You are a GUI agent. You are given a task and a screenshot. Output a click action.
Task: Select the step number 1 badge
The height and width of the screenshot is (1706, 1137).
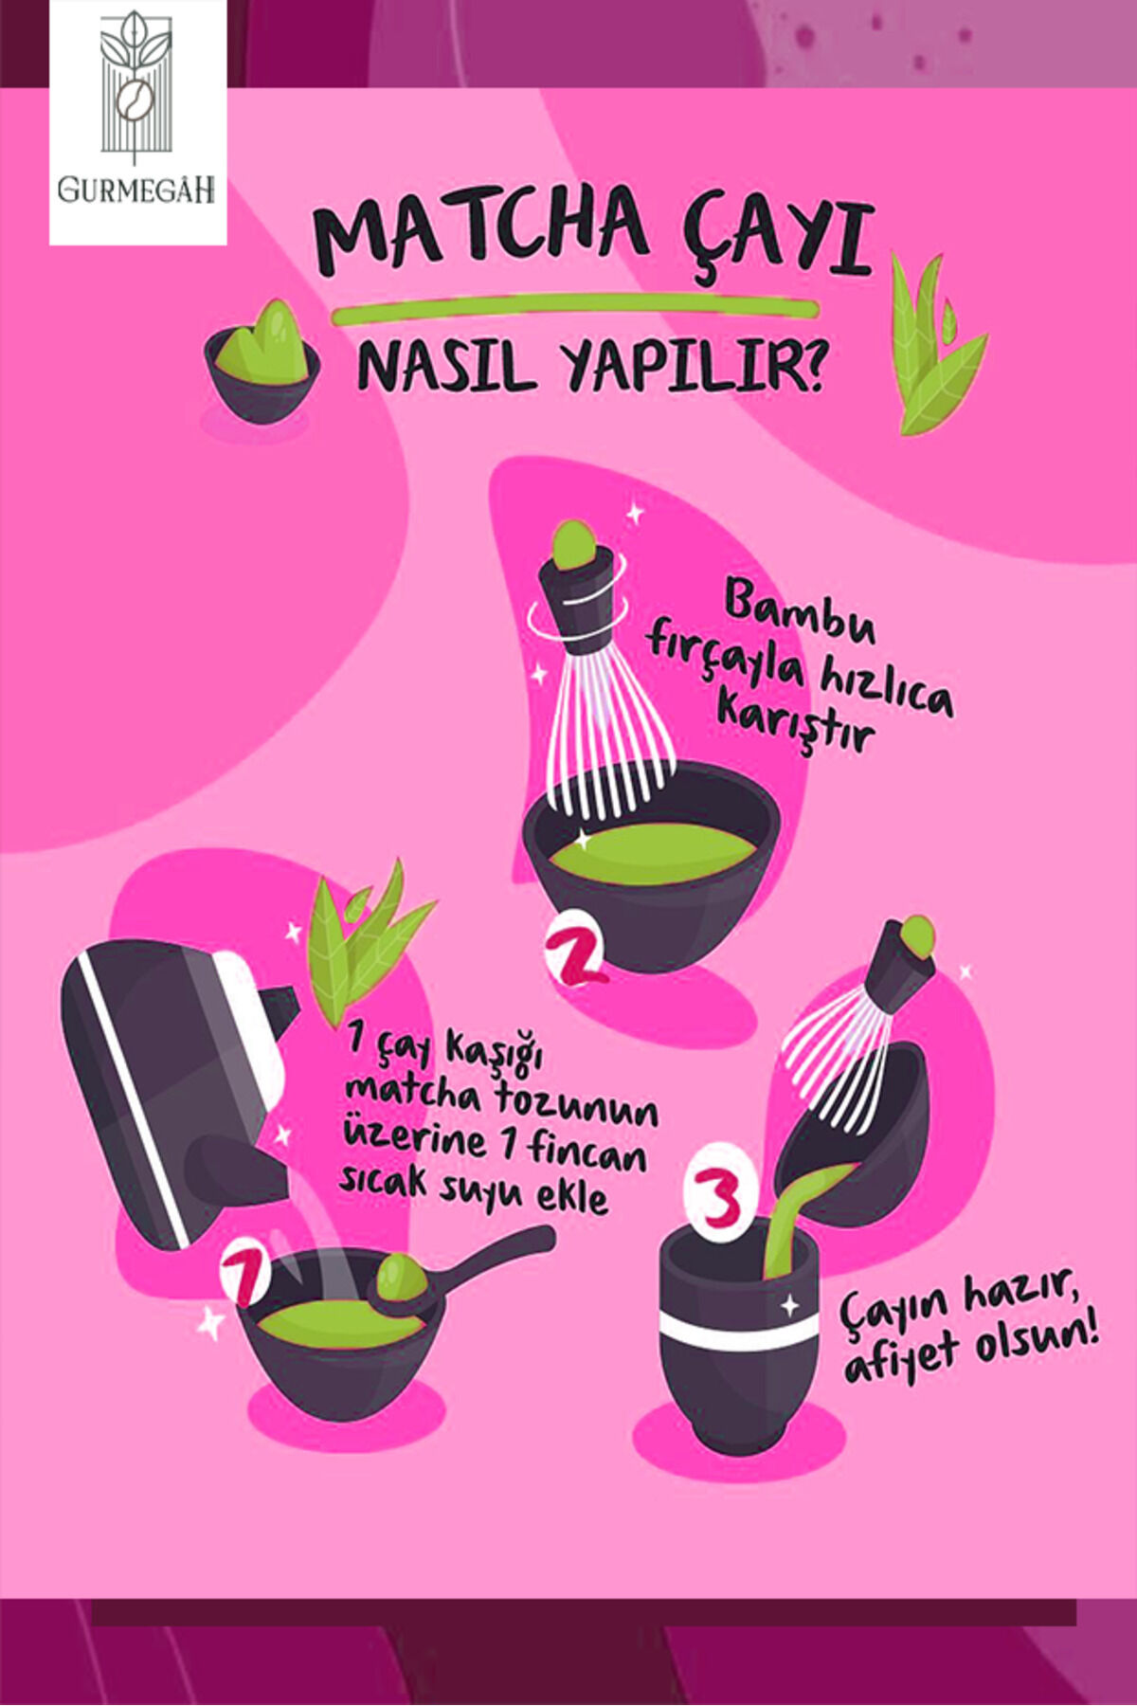(245, 1276)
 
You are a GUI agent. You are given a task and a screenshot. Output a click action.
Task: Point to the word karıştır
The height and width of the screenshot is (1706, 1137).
(794, 724)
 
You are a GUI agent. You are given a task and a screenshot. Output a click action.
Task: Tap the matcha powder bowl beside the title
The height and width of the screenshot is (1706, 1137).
(262, 364)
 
